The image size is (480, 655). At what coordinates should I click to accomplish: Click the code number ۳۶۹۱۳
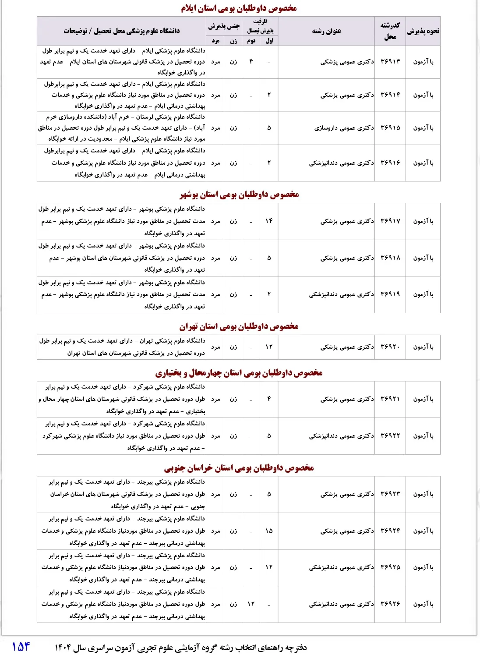coord(390,62)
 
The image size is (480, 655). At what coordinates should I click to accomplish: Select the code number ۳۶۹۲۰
coord(390,347)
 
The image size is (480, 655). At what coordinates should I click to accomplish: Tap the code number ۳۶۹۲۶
coord(390,604)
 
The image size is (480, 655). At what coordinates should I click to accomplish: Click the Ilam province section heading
coord(239,8)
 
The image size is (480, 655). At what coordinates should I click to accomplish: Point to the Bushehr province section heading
coord(239,195)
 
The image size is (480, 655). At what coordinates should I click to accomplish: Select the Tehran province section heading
coord(239,326)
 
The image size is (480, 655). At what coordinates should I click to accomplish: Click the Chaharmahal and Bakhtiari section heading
coord(239,373)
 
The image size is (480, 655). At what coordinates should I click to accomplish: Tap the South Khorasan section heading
coord(239,468)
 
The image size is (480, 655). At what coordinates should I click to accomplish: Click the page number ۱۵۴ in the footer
coord(21,646)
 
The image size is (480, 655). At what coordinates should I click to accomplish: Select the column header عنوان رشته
coord(326,31)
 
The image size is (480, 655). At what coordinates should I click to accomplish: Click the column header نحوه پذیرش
coord(423,31)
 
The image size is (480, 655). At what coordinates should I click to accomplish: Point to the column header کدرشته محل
coord(390,31)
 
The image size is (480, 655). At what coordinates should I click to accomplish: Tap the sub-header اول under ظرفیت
coord(269,41)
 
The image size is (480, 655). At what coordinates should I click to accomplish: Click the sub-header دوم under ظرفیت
coord(251,41)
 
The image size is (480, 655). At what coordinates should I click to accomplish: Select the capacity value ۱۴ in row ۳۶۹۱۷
coord(269,221)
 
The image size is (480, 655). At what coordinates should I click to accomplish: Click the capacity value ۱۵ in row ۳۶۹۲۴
coord(269,531)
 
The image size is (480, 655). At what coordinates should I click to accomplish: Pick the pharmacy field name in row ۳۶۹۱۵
coord(344,128)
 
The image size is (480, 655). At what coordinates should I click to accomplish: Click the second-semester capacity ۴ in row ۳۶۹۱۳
coord(251,62)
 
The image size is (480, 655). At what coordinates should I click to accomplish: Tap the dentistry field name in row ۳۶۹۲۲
coord(341,436)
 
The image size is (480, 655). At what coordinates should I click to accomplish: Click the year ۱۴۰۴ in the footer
coord(63,648)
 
